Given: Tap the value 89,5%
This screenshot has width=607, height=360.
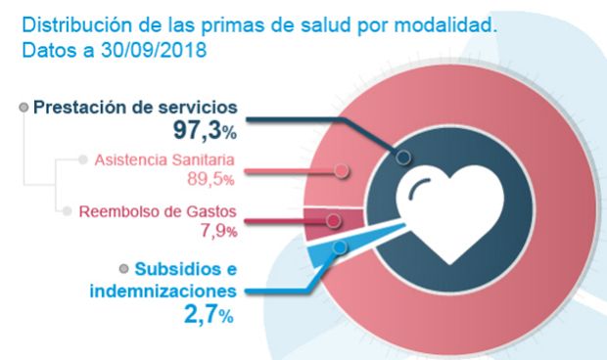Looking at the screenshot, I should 210,178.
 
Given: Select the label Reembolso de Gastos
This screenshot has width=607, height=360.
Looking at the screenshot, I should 158,212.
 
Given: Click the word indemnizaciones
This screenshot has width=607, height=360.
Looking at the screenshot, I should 163,292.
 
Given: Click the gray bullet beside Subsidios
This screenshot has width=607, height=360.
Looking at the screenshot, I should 123,269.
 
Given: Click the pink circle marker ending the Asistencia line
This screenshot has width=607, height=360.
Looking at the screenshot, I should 342,170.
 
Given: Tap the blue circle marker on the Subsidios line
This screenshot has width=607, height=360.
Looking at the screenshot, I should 339,247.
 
